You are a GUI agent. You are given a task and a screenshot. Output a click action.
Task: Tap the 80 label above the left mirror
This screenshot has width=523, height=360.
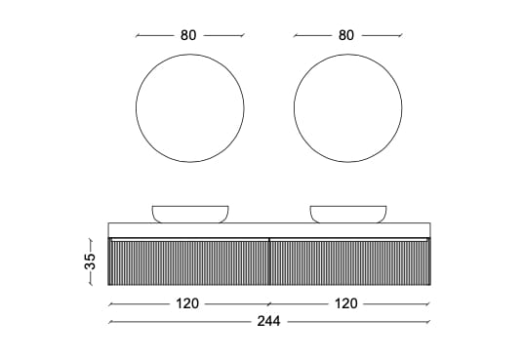tap(188, 35)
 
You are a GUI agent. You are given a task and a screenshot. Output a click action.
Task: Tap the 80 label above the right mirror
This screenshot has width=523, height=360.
tap(346, 35)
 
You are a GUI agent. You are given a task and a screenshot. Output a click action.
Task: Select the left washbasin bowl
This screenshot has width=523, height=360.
tap(190, 215)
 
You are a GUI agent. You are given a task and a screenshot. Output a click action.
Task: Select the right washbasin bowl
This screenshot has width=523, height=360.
tap(348, 215)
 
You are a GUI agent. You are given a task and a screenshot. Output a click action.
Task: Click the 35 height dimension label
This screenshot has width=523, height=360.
tap(90, 261)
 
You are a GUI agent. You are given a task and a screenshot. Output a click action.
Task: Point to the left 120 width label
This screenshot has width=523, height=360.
tap(187, 303)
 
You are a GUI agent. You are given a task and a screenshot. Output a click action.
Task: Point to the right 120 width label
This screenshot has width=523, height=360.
tap(345, 303)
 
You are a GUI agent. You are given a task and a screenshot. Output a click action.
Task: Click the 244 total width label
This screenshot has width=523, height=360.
tap(269, 321)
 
